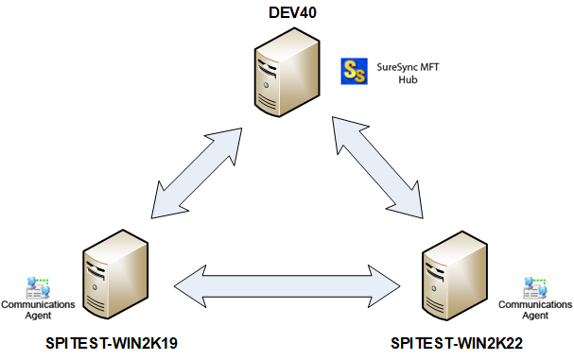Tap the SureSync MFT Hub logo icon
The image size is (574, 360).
click(x=354, y=71)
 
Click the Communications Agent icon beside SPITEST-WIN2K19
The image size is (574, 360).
click(x=39, y=286)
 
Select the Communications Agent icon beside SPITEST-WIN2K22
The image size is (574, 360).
click(x=535, y=286)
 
